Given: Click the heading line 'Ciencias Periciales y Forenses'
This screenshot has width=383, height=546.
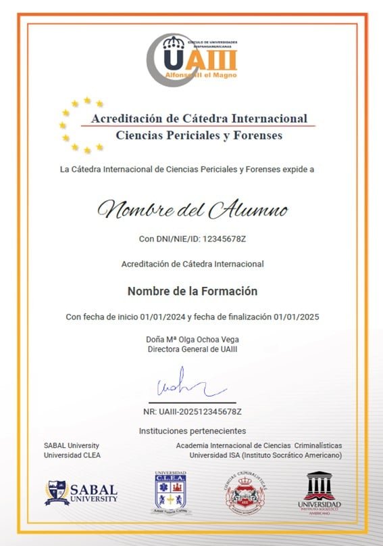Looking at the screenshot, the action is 199,135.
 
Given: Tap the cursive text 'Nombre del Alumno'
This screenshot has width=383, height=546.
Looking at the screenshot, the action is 192,209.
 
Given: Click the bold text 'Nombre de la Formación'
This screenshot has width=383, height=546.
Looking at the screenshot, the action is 193,291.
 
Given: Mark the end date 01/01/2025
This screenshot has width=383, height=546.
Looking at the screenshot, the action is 295,317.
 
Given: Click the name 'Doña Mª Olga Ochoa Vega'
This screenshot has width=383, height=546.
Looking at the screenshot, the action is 193,339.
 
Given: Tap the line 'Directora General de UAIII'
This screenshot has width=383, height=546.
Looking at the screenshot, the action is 193,349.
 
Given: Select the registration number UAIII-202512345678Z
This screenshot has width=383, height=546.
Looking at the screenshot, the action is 202,412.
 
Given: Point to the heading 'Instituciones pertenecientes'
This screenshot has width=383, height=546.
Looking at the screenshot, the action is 193,431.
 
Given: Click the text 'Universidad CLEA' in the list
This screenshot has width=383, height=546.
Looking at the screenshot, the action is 72,455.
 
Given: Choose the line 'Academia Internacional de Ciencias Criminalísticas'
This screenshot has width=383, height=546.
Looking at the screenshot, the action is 259,445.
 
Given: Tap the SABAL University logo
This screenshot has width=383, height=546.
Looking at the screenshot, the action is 81,493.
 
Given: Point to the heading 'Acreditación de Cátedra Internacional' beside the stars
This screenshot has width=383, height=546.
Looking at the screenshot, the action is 199,118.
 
